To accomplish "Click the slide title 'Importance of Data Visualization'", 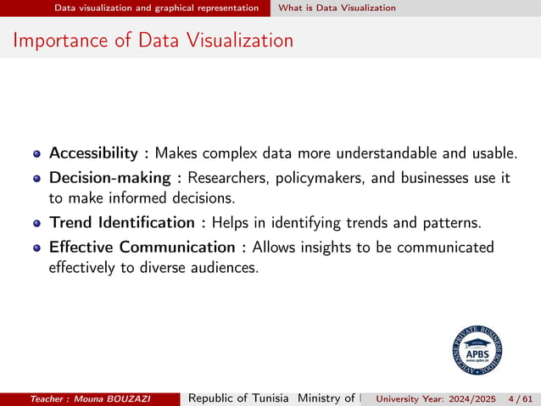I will click(153, 40).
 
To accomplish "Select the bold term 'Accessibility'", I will click(93, 153).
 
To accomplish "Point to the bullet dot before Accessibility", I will click(37, 154).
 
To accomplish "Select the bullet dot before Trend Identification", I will click(37, 224).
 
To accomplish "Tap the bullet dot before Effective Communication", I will click(37, 247).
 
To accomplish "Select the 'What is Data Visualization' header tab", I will click(337, 8).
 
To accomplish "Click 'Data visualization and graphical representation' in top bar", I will click(157, 8).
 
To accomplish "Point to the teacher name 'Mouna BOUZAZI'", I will click(125, 398).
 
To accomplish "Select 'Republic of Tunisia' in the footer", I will click(239, 398).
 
